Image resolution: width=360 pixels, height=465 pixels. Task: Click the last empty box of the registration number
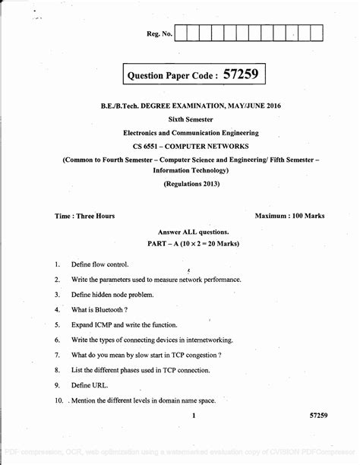(317, 33)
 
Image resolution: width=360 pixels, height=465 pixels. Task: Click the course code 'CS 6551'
(150, 144)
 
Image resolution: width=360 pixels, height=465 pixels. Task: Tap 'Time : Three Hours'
(84, 216)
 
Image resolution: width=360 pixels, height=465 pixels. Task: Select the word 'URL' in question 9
(100, 385)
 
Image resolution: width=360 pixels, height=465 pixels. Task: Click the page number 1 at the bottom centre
(194, 416)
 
